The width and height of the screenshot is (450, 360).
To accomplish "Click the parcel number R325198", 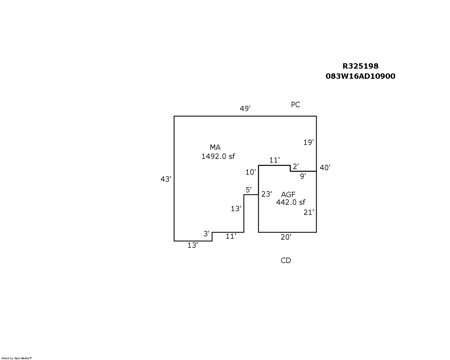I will point(360,66).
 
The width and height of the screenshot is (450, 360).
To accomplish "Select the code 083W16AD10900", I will point(360,76).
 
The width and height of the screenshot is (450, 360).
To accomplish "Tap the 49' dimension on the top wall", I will point(245,109).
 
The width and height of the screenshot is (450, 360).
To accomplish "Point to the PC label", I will point(295,105).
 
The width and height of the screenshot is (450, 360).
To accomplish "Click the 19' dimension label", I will point(308,142).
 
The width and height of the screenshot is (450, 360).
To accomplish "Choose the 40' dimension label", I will point(325,168).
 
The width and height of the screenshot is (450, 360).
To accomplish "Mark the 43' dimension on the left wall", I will point(166,179).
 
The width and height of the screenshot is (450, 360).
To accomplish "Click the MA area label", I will point(215,147).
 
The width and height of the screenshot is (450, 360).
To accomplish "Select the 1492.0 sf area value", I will point(218,156).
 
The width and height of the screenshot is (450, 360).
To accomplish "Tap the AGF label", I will point(288,194).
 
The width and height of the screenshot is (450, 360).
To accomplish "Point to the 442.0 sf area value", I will point(291,202).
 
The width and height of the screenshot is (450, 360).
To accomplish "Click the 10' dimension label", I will point(251,172).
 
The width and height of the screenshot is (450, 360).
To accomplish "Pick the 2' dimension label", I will point(295,167).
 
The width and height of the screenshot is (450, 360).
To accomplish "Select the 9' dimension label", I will point(303,176).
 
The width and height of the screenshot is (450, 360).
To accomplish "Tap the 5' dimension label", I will point(248,190).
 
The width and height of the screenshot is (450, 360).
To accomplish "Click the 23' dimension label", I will point(266,194).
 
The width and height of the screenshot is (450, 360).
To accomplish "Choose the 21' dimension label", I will point(309,212).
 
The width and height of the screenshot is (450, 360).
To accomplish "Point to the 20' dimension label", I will point(286,237).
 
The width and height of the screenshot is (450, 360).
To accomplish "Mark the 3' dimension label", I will point(206,234).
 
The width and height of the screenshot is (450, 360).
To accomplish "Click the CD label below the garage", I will point(286,260).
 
